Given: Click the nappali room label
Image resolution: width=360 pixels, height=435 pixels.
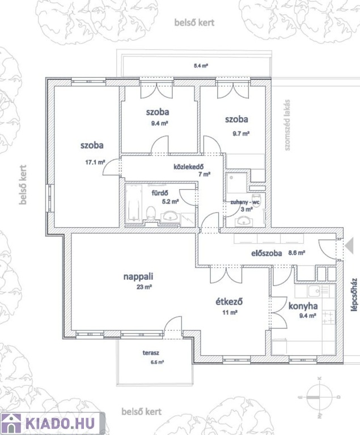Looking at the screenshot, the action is tap(138, 276).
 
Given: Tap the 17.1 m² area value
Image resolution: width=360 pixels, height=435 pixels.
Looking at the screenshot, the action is tap(95, 163).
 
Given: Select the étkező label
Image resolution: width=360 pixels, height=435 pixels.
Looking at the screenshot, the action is tap(230, 301).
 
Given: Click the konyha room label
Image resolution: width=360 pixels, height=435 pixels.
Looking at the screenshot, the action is tap(303, 306).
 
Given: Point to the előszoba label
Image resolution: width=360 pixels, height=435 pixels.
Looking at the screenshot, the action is tap(266, 253).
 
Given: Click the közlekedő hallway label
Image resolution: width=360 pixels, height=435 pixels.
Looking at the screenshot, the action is tap(189, 167).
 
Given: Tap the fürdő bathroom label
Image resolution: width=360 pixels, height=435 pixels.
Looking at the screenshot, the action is tap(160, 193).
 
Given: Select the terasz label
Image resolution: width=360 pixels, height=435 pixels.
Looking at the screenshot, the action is tap(151, 353).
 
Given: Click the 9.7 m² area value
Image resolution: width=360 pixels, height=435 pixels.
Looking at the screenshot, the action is tap(241, 134).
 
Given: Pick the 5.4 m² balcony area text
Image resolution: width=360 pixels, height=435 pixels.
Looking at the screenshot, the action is tap(201, 66).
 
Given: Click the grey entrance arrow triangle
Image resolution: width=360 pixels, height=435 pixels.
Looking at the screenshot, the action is tap(349, 246).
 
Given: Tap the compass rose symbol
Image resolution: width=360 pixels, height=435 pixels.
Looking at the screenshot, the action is tap(319, 397).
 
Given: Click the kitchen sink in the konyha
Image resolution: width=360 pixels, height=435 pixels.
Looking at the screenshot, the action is tap(318, 291).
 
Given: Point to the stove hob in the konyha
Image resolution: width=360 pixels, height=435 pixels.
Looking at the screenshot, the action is tap(329, 318).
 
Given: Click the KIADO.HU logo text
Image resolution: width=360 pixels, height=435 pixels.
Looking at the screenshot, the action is tap(60, 423).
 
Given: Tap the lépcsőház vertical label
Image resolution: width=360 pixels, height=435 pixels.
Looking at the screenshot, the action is tap(354, 295).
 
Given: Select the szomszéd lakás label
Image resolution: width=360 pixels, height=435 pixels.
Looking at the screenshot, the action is tap(287, 125).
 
